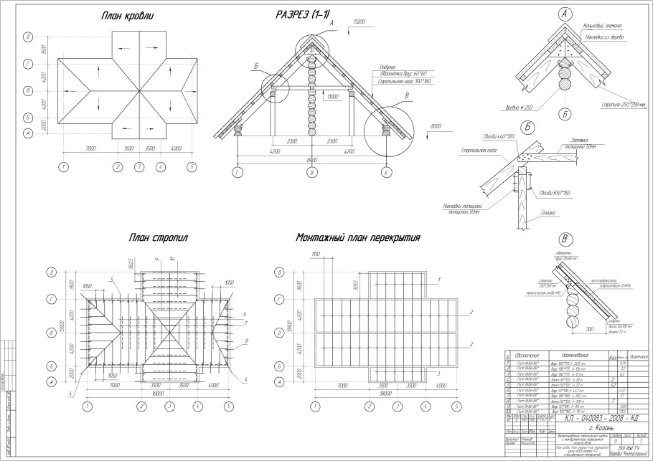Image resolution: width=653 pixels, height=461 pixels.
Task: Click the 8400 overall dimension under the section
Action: pyautogui.click(x=311, y=160)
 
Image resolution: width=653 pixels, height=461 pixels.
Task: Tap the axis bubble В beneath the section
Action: pyautogui.click(x=311, y=173)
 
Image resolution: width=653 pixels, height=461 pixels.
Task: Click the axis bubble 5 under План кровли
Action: pyautogui.click(x=192, y=166)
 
